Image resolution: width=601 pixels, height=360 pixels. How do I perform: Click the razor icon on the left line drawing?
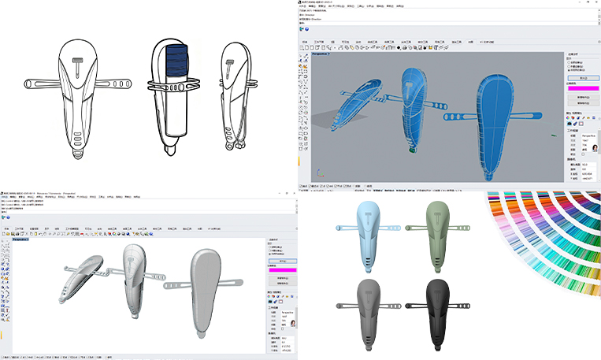tap(79, 63)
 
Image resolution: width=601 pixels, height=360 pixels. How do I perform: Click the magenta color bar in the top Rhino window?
tap(583, 89)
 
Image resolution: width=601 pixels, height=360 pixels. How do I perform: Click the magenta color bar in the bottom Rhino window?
tap(283, 270)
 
